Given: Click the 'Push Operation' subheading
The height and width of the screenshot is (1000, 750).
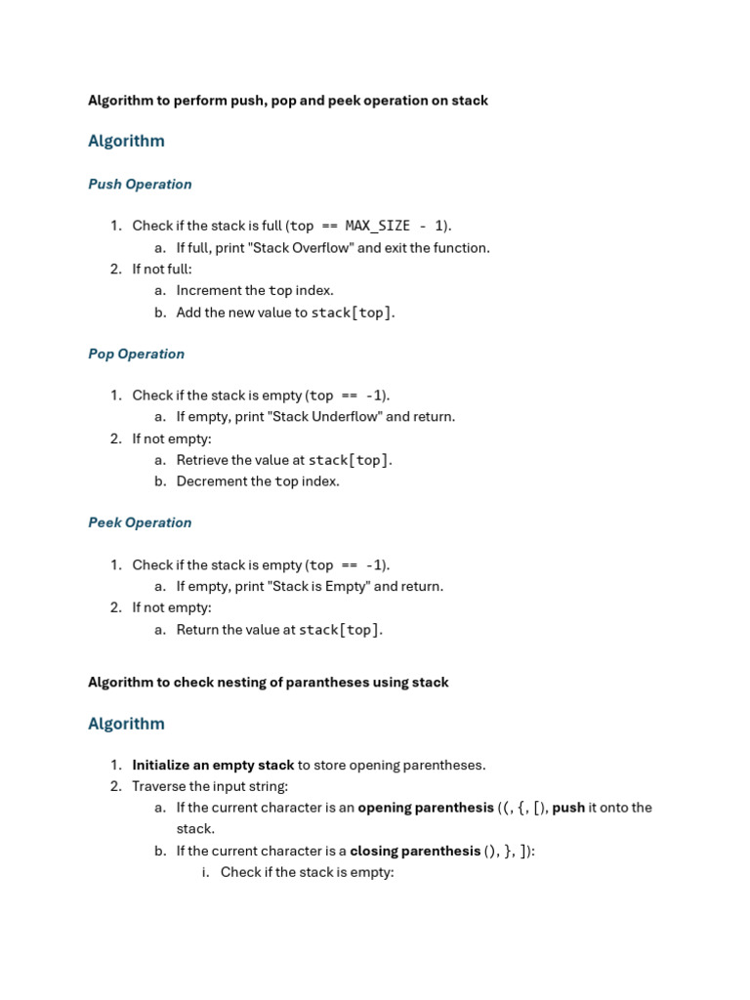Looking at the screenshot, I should click(x=140, y=184).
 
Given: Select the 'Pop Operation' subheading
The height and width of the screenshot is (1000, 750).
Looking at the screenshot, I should click(x=136, y=354).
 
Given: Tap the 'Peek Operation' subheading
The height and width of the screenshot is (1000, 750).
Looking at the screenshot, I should click(x=140, y=522).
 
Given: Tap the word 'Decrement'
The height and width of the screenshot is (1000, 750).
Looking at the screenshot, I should click(x=209, y=481).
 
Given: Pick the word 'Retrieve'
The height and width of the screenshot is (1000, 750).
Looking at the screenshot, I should click(x=203, y=460).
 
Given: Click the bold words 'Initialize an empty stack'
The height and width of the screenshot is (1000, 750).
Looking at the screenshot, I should click(x=213, y=765).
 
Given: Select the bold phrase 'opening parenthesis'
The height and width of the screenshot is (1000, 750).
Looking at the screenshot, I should click(x=426, y=808).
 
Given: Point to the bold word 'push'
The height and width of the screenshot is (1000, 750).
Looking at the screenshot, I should click(x=568, y=808).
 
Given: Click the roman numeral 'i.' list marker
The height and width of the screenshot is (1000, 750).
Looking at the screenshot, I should click(x=206, y=872).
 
